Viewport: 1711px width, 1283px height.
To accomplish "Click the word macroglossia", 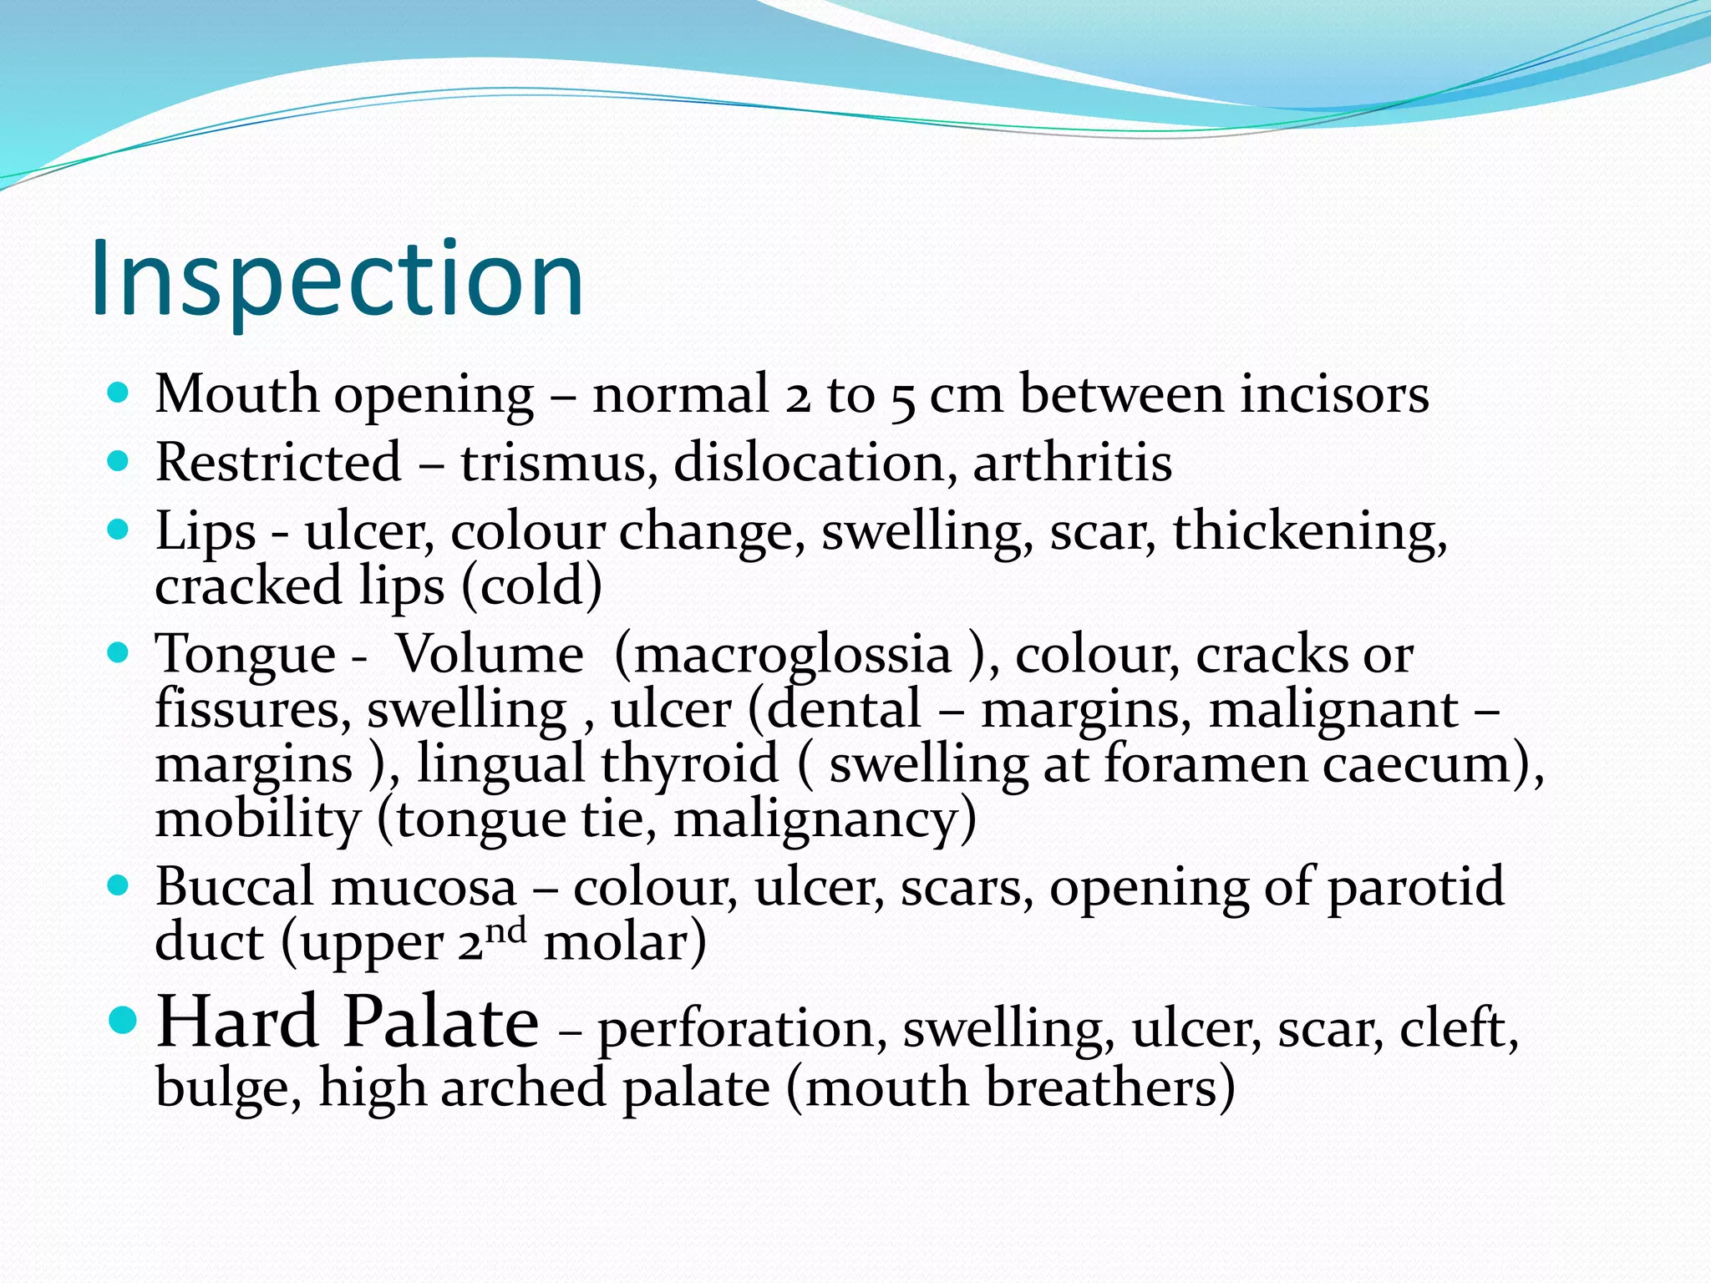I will [793, 654].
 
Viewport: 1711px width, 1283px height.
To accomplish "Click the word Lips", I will [205, 532].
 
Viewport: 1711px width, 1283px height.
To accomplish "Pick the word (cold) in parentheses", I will [531, 586].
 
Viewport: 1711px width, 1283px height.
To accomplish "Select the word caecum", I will [1424, 763].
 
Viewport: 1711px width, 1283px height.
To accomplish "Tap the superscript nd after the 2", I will [506, 930].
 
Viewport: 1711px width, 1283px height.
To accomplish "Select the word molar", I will [625, 942].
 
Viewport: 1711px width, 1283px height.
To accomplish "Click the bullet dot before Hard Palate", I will [123, 1020].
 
